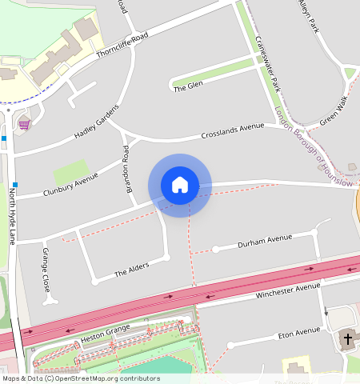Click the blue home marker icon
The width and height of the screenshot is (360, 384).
(x=180, y=185)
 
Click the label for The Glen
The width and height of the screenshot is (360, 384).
(x=189, y=86)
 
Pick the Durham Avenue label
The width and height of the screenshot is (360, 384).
(x=266, y=241)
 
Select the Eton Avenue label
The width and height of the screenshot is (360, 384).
(x=297, y=332)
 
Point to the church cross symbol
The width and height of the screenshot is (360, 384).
(x=347, y=339)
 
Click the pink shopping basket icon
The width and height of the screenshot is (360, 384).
(x=24, y=124)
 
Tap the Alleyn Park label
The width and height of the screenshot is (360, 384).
(x=308, y=16)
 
